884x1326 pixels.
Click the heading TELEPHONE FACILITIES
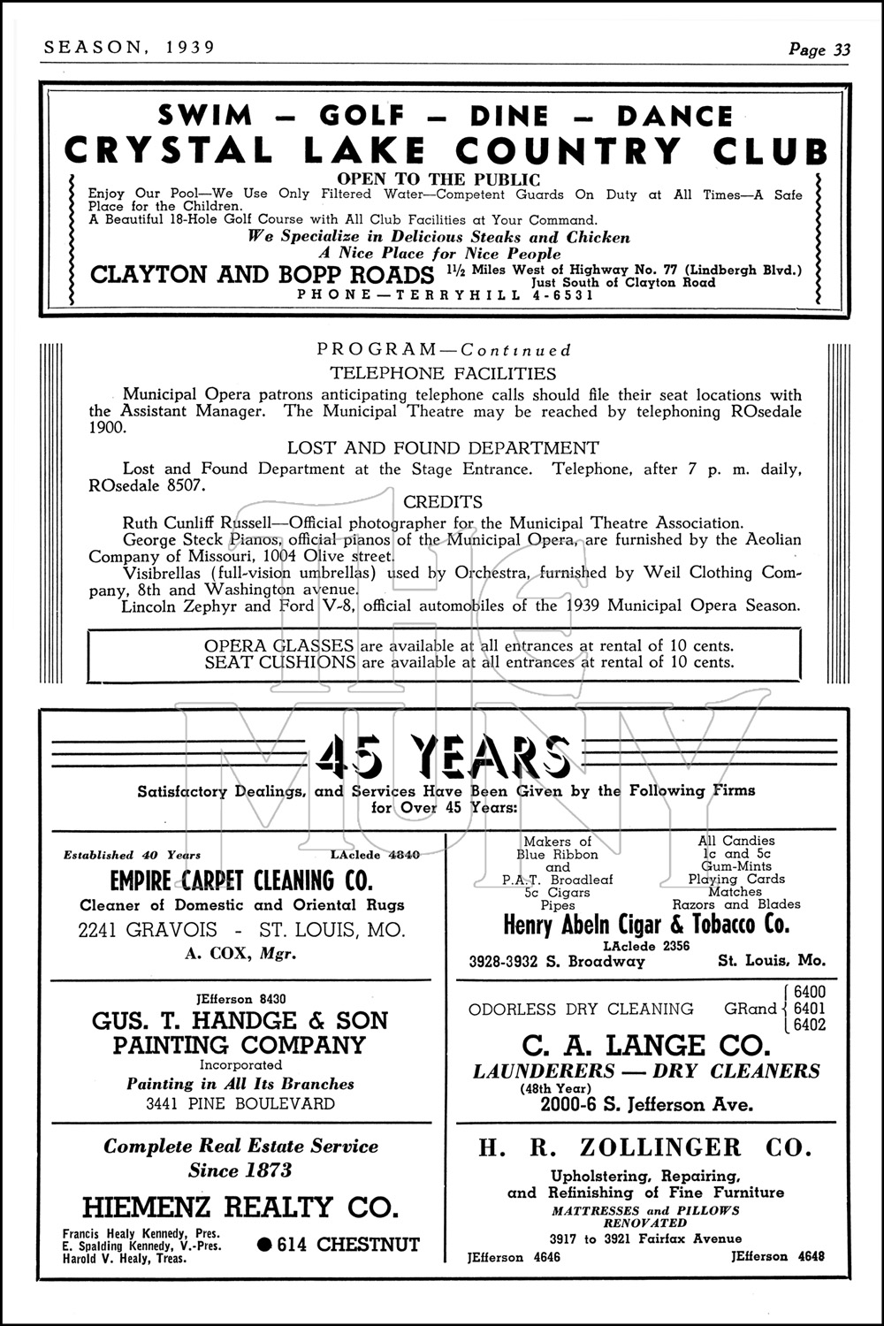443,373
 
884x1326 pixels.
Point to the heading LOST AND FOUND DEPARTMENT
443,447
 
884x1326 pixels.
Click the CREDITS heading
442,501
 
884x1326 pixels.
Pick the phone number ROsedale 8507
146,485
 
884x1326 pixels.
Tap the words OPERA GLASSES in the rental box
278,645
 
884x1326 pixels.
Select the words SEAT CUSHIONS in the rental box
280,661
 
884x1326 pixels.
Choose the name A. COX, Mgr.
240,953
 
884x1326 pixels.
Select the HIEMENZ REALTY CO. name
240,1207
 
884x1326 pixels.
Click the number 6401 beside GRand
810,1009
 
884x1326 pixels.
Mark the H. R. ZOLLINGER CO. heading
644,1147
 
